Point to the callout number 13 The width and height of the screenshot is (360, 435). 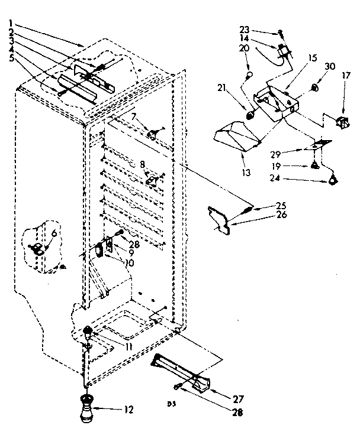(245, 173)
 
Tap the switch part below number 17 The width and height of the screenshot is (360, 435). (342, 122)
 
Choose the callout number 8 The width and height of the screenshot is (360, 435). (142, 164)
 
